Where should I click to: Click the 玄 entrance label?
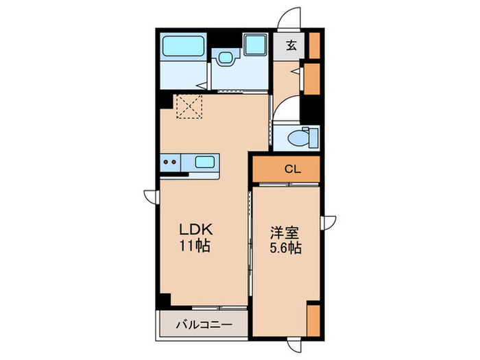[x=291, y=46]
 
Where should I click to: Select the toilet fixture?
[x=302, y=136]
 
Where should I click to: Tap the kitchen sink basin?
[x=205, y=163]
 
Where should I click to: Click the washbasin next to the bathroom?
[x=224, y=58]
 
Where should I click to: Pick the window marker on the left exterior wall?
[x=149, y=195]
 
